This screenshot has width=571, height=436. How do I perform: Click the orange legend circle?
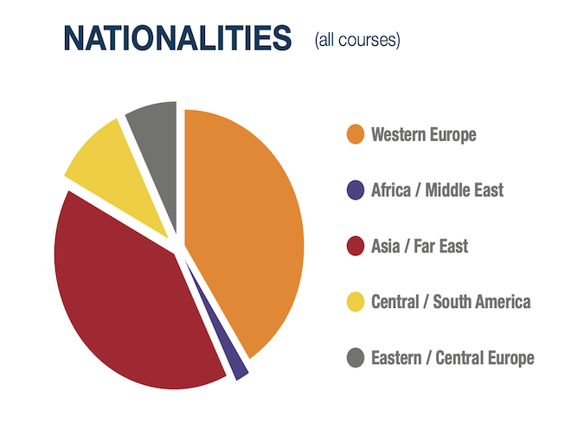(x=356, y=134)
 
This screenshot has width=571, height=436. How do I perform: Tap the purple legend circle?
(x=356, y=190)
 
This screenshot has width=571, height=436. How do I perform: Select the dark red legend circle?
(x=356, y=246)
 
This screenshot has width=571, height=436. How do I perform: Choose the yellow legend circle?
(x=356, y=302)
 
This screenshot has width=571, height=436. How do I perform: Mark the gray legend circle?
(x=356, y=357)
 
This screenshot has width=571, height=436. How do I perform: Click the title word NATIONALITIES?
(x=177, y=38)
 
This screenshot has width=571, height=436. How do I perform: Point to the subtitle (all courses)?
(x=357, y=40)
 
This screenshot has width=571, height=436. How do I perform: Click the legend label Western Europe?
(x=424, y=135)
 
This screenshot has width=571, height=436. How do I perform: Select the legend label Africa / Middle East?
(x=438, y=190)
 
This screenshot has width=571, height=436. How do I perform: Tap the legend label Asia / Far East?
(x=420, y=246)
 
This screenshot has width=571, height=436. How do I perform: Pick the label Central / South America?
(x=451, y=302)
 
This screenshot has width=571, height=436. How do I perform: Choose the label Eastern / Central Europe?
(x=452, y=357)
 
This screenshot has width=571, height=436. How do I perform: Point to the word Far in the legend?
(x=424, y=246)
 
